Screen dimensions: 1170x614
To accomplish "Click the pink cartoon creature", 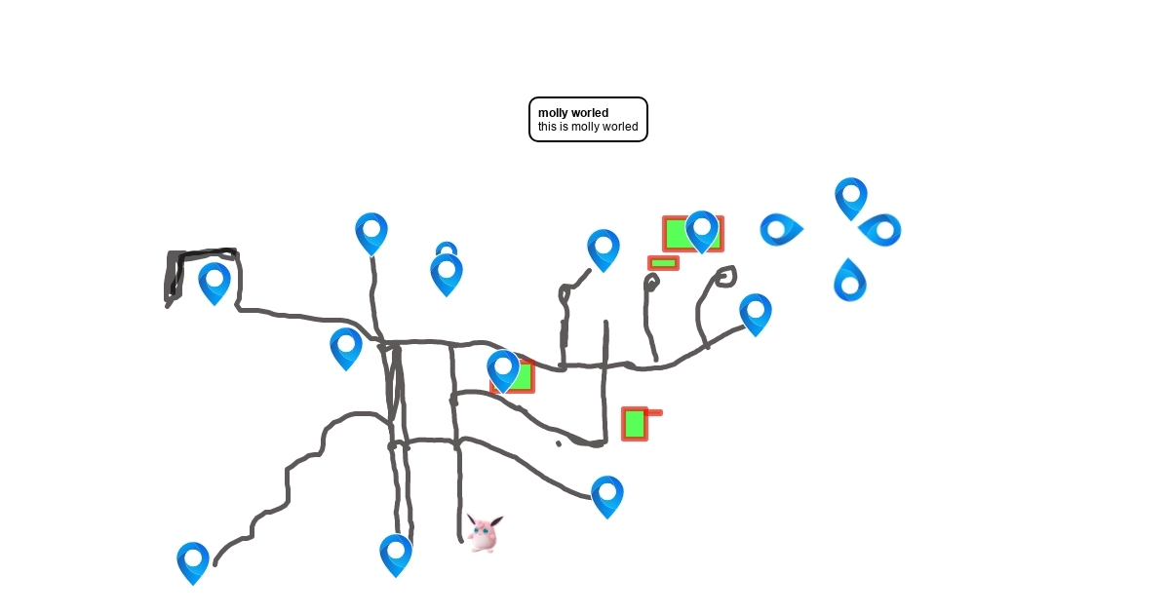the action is [x=485, y=533].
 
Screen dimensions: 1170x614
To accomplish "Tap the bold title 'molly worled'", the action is [x=573, y=113].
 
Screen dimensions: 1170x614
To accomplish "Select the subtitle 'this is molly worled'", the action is [x=588, y=127].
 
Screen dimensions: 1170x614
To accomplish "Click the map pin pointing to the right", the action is [x=781, y=229].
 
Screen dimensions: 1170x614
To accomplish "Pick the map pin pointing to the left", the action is [x=880, y=229].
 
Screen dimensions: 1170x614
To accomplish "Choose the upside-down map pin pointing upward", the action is [x=850, y=280].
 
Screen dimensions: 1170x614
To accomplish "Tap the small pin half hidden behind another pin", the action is [x=447, y=249].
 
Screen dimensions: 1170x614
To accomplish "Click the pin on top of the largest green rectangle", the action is [x=701, y=232].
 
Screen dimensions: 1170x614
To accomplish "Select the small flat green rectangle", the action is [x=663, y=263].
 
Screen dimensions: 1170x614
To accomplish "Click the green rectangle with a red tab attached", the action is [x=635, y=424].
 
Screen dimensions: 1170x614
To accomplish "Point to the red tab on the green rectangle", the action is [x=654, y=413].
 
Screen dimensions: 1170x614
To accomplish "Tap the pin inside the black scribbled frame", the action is [x=214, y=284].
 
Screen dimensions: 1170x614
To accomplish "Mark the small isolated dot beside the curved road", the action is [x=559, y=443].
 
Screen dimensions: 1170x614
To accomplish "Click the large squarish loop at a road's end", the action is [x=725, y=277].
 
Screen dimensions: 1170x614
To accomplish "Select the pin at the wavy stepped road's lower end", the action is [x=193, y=563].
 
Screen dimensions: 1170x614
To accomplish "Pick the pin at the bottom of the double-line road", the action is [x=396, y=556].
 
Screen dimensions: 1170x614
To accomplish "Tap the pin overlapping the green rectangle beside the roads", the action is [x=503, y=371].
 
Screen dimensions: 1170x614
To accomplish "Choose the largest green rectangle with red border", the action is [x=693, y=234].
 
